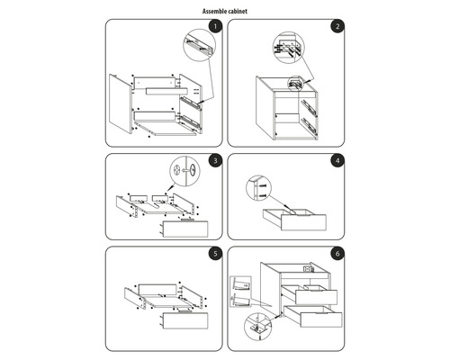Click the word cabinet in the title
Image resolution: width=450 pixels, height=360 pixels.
click(x=238, y=12)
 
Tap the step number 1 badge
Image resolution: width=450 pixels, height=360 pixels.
click(x=215, y=26)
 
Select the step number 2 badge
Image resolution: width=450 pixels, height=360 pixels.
click(x=337, y=26)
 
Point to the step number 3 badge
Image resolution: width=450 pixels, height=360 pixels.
click(x=215, y=161)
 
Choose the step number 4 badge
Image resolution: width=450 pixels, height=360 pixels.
click(x=337, y=161)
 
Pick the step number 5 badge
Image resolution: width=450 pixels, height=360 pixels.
click(x=215, y=254)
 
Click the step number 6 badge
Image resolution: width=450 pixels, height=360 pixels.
click(x=337, y=254)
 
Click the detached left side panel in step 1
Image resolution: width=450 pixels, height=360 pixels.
click(x=121, y=103)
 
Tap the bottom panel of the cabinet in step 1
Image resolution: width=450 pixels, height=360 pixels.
click(x=165, y=129)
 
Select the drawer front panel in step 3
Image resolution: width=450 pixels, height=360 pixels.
click(x=184, y=229)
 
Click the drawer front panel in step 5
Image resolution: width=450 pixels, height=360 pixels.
click(x=184, y=320)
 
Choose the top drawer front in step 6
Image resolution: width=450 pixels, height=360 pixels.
click(x=316, y=297)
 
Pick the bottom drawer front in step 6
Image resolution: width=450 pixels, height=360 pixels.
click(x=321, y=319)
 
